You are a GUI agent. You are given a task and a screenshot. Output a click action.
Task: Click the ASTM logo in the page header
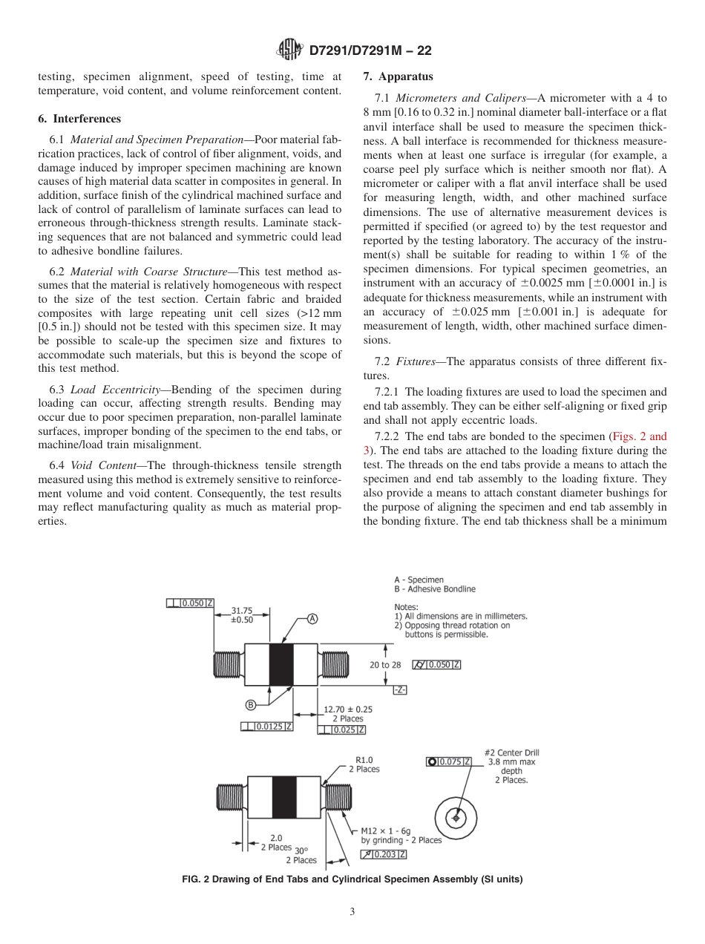289,50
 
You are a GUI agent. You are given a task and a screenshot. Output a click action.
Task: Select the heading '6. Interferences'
79,119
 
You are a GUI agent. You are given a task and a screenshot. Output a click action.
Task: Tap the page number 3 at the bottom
352,911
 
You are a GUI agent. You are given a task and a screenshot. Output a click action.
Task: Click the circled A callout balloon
312,619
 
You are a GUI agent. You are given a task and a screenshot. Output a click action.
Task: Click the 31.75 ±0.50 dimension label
242,614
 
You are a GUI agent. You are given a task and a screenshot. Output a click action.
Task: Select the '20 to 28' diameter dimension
385,664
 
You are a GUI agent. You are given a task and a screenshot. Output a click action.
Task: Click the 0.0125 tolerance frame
267,727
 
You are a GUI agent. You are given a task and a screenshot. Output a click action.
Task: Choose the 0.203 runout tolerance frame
384,854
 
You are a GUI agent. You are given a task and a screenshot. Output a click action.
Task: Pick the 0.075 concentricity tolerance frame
450,761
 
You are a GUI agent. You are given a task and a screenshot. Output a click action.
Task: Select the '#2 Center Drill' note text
511,753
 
